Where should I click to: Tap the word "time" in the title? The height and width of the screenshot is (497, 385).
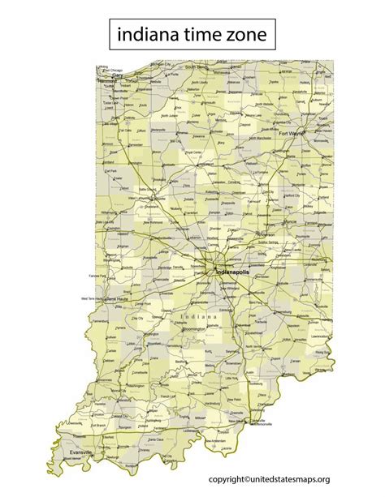pos(199,34)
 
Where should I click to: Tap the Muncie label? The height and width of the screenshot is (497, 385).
pos(286,218)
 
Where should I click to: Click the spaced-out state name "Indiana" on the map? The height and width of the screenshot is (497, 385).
pos(199,317)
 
